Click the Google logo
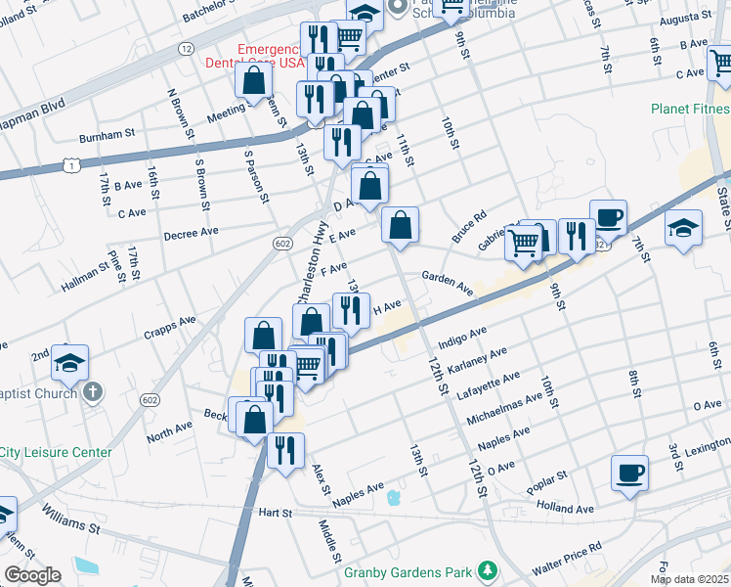[x=32, y=575]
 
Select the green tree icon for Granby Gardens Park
[x=487, y=570]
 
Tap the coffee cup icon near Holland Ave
[x=630, y=474]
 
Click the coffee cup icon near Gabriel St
[x=608, y=217]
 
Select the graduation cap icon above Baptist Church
[x=69, y=363]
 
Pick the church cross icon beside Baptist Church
[x=92, y=393]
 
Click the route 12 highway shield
[x=186, y=48]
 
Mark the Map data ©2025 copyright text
[x=688, y=579]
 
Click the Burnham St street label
[x=107, y=136]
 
